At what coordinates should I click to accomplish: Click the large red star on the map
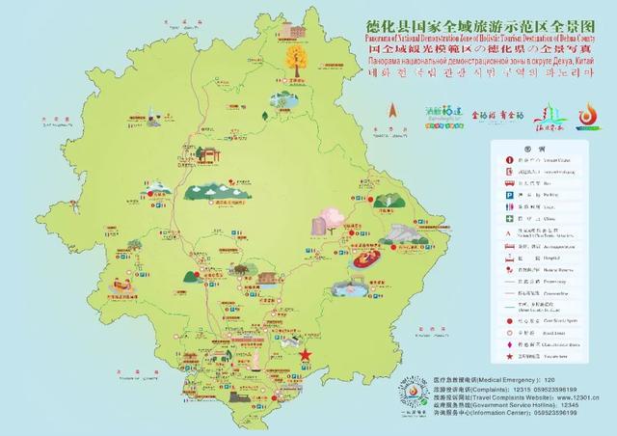click(x=306, y=356)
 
